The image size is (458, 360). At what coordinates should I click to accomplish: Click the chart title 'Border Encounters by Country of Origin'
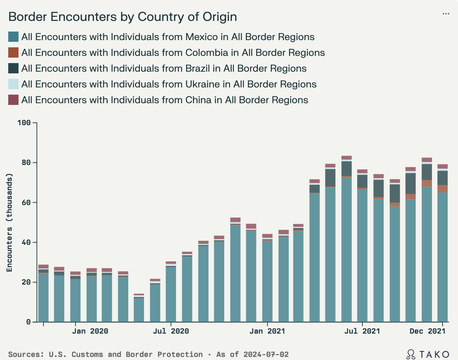[x=122, y=17]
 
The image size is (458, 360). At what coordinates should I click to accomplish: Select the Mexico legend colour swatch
[x=13, y=37]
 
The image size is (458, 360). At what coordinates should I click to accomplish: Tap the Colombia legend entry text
[x=173, y=53]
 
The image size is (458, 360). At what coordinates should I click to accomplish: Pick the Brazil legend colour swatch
[x=13, y=69]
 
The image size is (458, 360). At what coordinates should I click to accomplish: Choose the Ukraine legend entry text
[x=169, y=84]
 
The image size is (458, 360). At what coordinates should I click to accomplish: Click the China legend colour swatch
[x=13, y=100]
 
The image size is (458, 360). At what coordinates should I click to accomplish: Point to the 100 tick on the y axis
[x=26, y=123]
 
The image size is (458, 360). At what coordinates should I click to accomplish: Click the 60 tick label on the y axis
[x=26, y=203]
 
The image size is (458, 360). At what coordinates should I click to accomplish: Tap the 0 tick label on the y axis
[x=28, y=322]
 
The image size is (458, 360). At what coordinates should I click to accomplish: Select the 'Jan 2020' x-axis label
[x=90, y=331]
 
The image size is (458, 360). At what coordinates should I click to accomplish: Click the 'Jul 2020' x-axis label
[x=171, y=331]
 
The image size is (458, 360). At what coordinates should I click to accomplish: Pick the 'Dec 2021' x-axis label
[x=427, y=331]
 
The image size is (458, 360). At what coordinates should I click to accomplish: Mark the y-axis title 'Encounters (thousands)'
[x=9, y=223]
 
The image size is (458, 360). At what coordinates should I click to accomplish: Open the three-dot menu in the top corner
[x=446, y=14]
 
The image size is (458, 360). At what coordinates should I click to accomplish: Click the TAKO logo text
[x=434, y=354]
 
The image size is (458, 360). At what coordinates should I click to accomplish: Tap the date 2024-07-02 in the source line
[x=266, y=355]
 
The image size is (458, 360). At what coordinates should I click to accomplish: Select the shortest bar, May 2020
[x=139, y=309]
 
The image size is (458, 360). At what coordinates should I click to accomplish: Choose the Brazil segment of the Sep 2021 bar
[x=395, y=194]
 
